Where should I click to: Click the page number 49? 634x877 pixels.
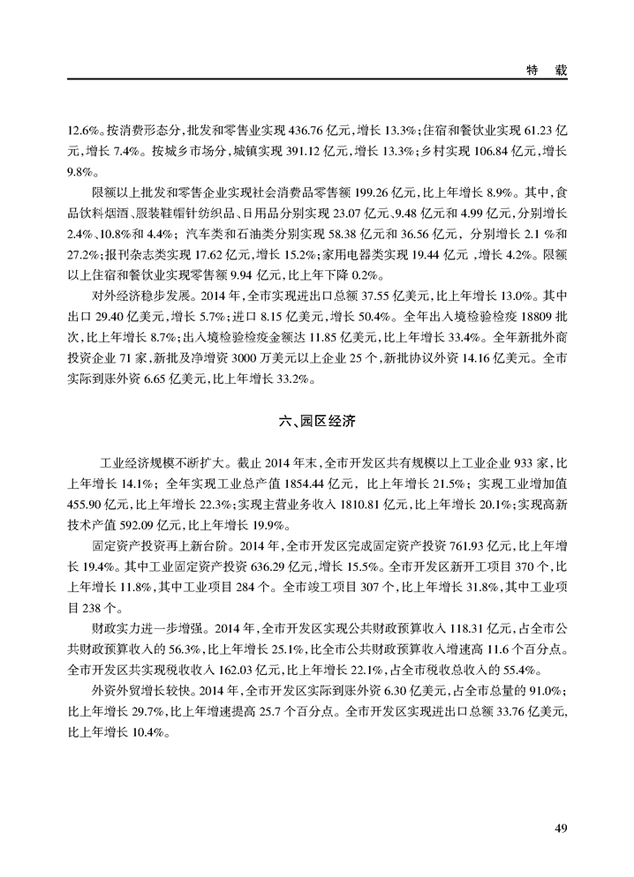[561, 827]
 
